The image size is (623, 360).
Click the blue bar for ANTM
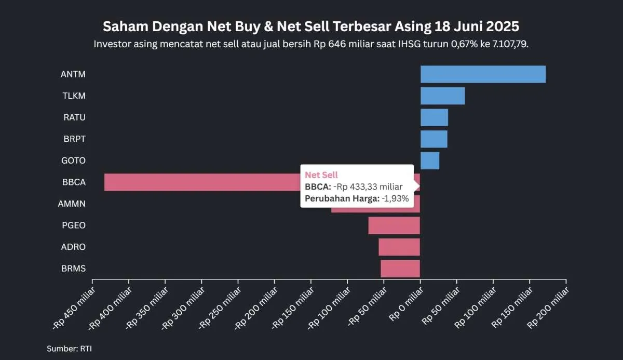click(x=483, y=74)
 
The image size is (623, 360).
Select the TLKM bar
click(x=442, y=96)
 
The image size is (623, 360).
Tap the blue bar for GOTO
click(x=430, y=161)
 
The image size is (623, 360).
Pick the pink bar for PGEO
click(x=394, y=225)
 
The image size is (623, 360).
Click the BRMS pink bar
click(x=400, y=269)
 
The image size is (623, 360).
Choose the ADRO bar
click(x=399, y=247)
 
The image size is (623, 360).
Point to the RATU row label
click(x=74, y=117)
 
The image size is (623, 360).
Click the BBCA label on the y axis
click(x=74, y=182)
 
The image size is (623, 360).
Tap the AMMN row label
click(x=72, y=204)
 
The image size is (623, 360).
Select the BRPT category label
click(x=74, y=139)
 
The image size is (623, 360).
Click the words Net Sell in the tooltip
click(x=321, y=175)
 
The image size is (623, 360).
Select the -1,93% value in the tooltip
click(x=396, y=198)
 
